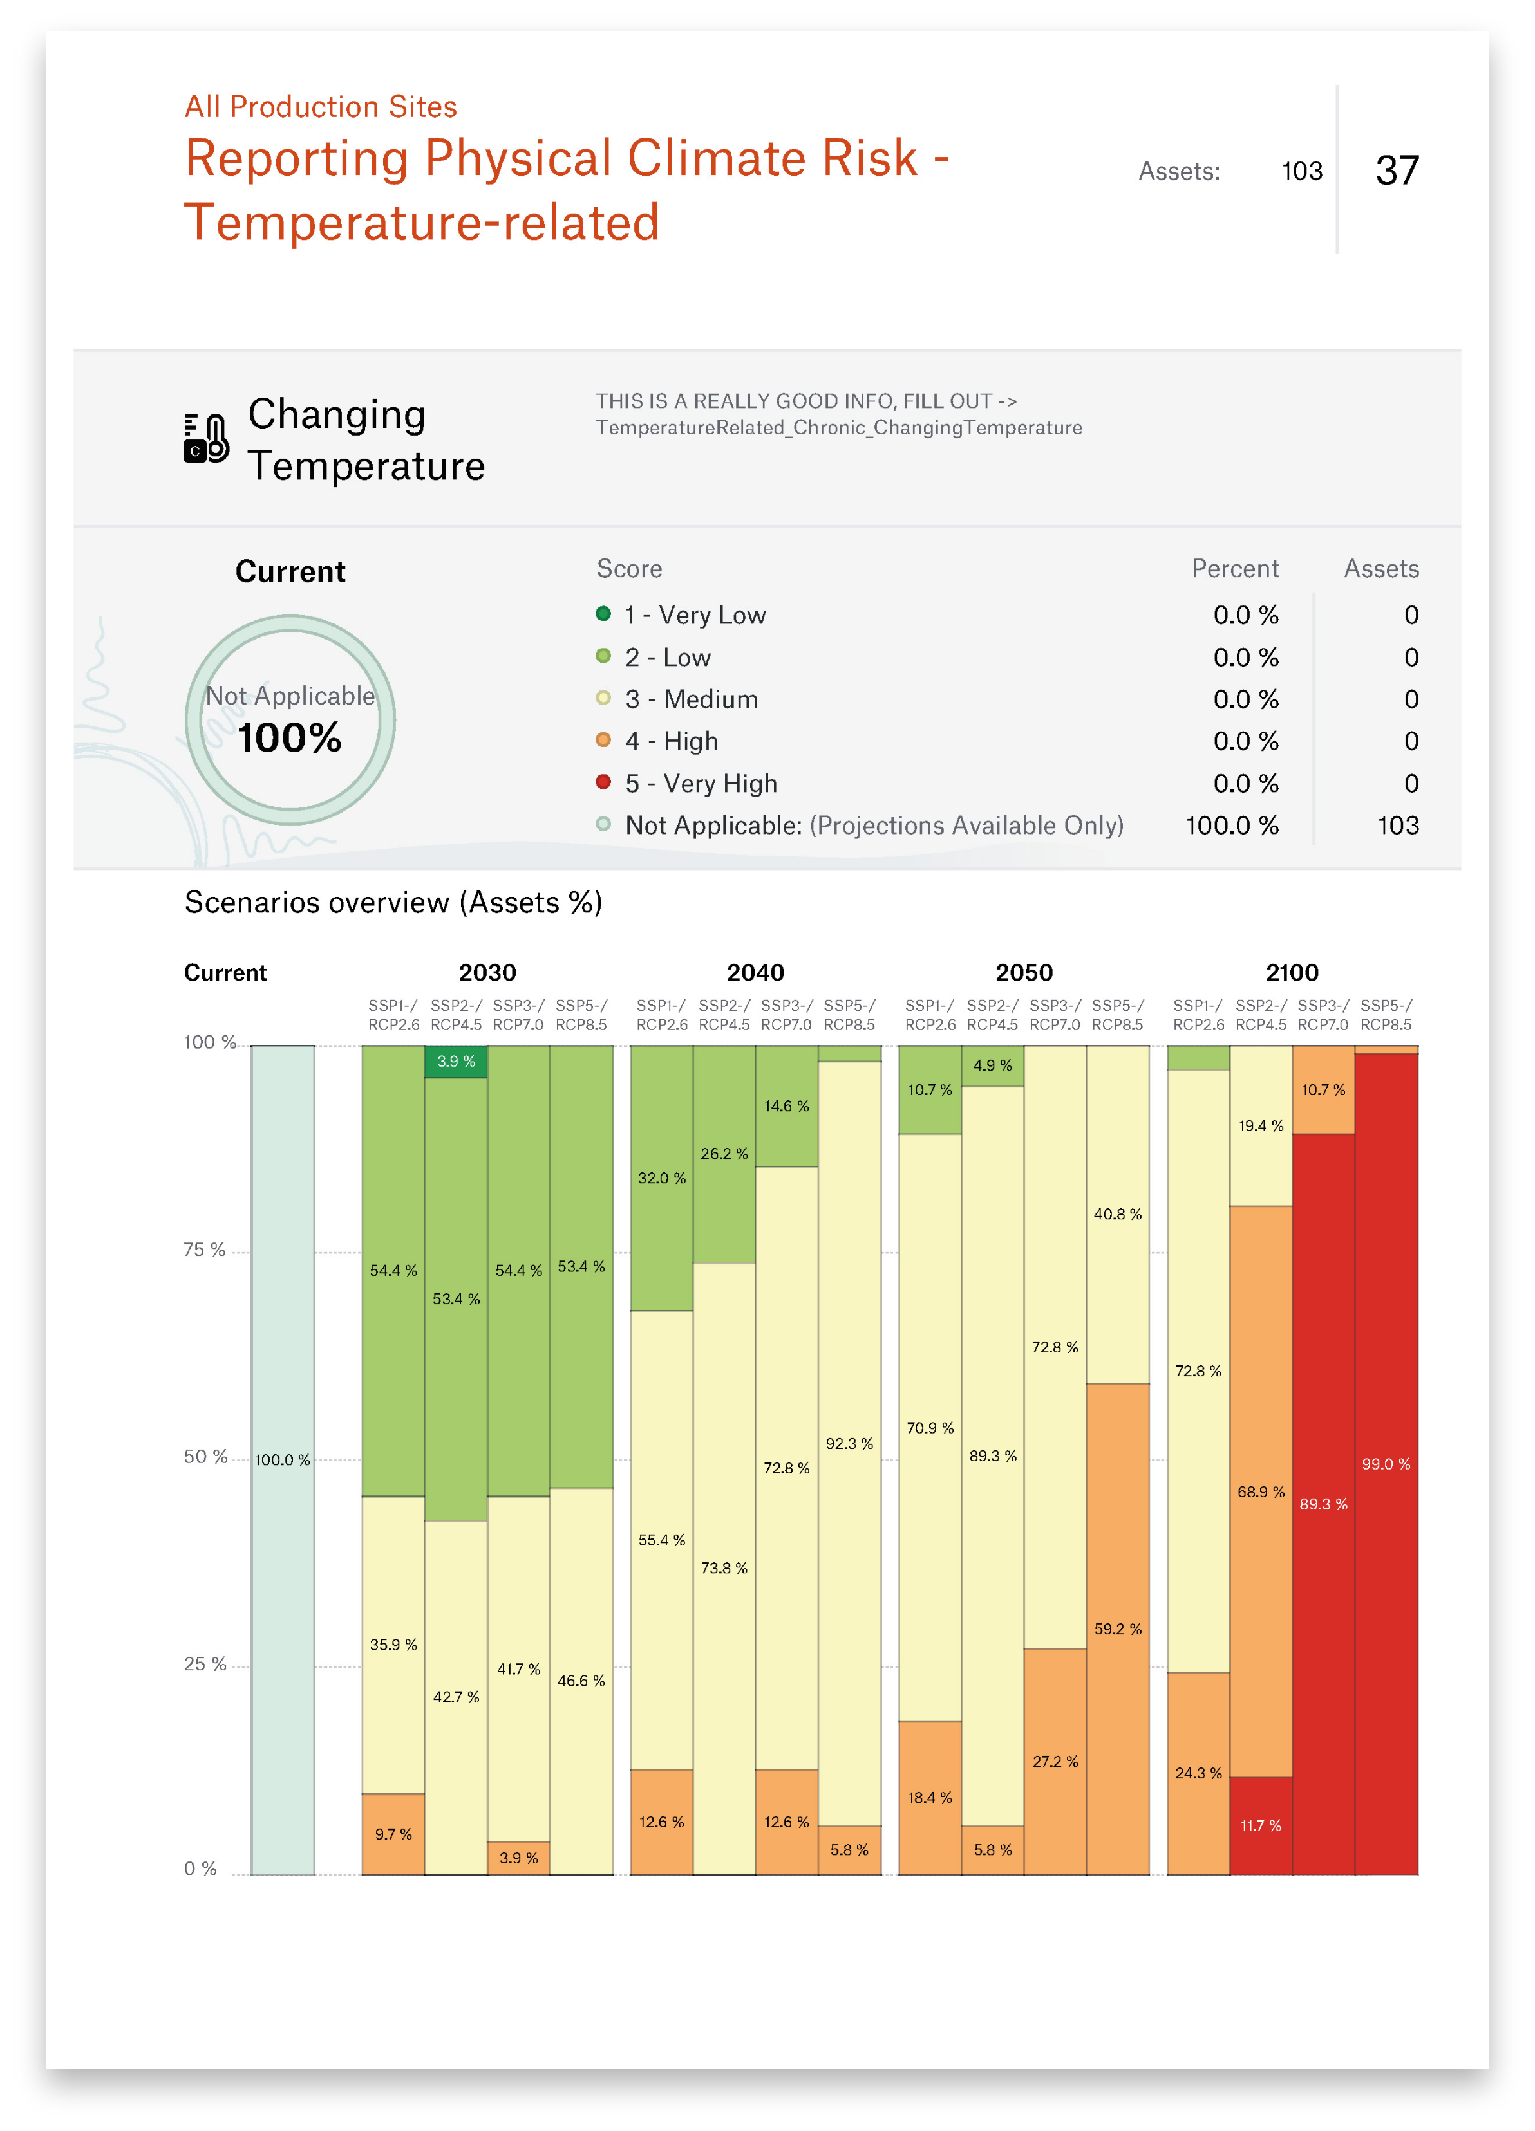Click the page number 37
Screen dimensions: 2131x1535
(x=1397, y=171)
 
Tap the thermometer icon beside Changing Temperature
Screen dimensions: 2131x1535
(x=207, y=438)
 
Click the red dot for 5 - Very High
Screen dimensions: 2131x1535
(x=603, y=782)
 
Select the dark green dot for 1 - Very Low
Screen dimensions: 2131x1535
(x=603, y=614)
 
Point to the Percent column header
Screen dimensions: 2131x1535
(x=1234, y=568)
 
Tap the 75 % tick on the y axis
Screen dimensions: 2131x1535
(x=204, y=1250)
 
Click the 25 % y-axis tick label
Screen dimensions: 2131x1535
(x=205, y=1664)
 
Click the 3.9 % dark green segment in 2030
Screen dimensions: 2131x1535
(x=456, y=1062)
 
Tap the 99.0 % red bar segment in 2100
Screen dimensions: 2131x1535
(x=1386, y=1464)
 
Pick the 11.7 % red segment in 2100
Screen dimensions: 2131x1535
(x=1261, y=1825)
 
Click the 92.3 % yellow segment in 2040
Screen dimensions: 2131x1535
(x=849, y=1443)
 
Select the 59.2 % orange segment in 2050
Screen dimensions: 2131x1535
(x=1118, y=1628)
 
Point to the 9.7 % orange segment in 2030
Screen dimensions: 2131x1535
(x=393, y=1834)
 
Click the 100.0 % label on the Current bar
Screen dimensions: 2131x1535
(x=282, y=1459)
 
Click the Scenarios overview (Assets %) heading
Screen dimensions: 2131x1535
(x=393, y=902)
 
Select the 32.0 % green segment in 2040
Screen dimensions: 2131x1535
(x=662, y=1177)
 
